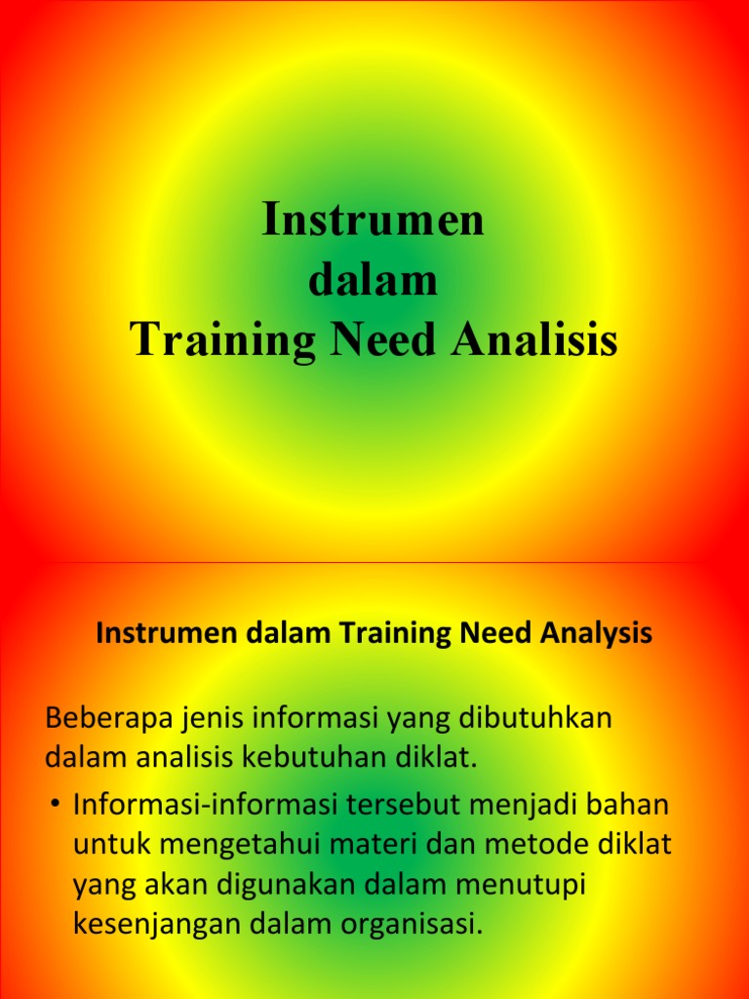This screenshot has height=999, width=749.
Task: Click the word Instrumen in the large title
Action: click(x=374, y=220)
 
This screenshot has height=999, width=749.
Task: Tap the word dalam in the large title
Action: click(x=374, y=281)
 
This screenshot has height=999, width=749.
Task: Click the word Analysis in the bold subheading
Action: click(x=594, y=634)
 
